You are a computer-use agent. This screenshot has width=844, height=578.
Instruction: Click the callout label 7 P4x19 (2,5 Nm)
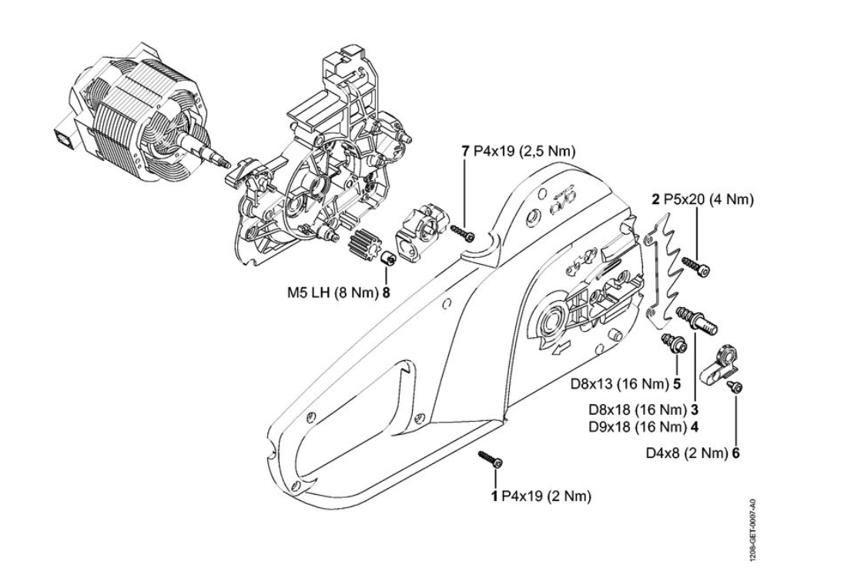pyautogui.click(x=518, y=152)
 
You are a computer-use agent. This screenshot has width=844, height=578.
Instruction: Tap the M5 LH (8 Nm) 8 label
pyautogui.click(x=338, y=292)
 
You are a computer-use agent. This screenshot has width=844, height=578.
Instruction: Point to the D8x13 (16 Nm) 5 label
pyautogui.click(x=625, y=384)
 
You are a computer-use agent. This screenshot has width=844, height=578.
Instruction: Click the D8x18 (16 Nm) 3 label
pyautogui.click(x=644, y=409)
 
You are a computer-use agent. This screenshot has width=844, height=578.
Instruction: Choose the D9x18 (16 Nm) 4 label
pyautogui.click(x=644, y=427)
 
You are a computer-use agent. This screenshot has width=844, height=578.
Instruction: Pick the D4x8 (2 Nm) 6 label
pyautogui.click(x=693, y=453)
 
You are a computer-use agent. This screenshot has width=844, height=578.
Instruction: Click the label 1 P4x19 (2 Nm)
pyautogui.click(x=541, y=496)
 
